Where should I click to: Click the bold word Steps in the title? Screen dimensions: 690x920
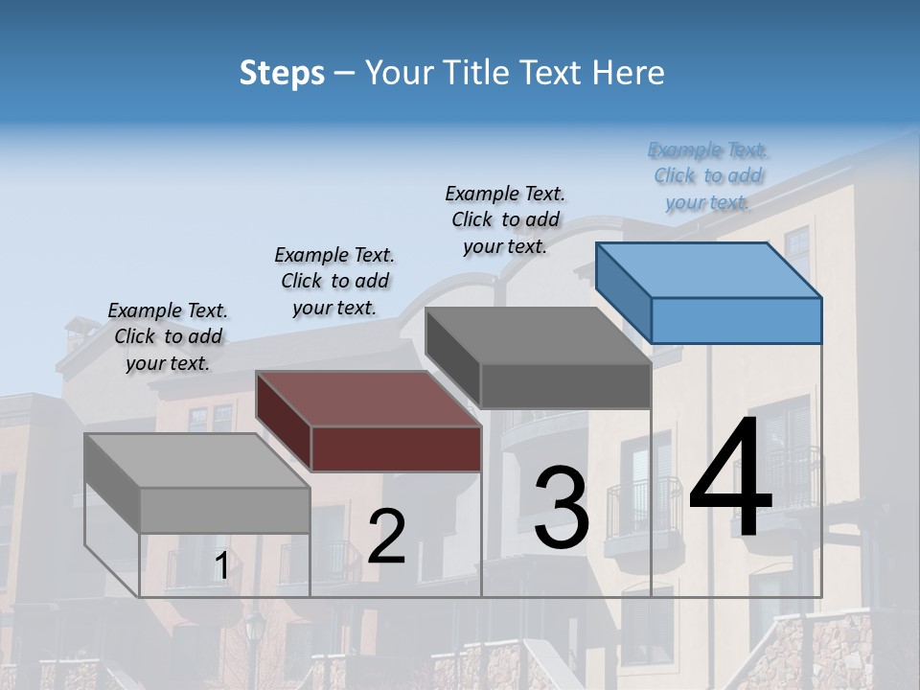282,73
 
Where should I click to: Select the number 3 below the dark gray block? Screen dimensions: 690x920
562,507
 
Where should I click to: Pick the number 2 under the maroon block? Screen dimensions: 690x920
386,537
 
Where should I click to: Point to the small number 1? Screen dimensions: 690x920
221,566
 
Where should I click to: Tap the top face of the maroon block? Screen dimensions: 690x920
369,399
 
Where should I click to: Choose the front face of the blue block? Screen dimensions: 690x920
736,320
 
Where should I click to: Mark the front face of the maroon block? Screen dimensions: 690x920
396,448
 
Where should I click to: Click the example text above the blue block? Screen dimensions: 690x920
708,176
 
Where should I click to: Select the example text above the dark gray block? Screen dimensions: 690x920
505,219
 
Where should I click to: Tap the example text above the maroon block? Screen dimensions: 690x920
334,281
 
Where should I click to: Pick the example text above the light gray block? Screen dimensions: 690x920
168,336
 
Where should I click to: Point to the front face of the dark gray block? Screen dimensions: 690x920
565,385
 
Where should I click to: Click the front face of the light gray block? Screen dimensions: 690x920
225,510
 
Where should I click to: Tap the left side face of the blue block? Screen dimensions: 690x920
623,291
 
